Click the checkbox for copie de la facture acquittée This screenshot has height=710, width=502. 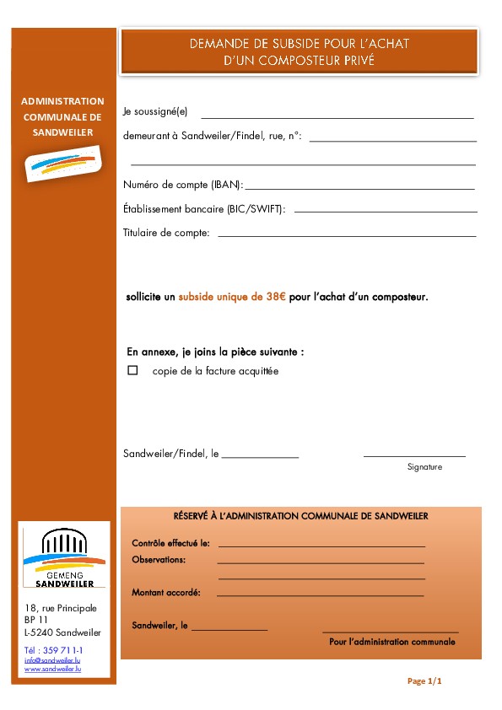(132, 370)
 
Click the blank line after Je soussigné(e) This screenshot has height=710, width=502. (337, 117)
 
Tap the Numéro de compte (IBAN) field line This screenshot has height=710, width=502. (359, 189)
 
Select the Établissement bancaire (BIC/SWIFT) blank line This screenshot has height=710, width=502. (386, 211)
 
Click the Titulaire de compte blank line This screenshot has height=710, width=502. (347, 236)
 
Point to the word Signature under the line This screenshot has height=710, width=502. (424, 466)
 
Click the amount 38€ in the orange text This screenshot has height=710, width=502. (277, 297)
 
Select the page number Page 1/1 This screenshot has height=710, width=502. (424, 680)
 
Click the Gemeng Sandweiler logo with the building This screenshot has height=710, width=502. (65, 557)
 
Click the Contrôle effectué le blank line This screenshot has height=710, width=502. (321, 546)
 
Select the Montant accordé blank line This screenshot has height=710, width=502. (320, 595)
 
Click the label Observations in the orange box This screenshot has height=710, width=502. (159, 560)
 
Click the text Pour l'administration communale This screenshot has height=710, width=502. (391, 642)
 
